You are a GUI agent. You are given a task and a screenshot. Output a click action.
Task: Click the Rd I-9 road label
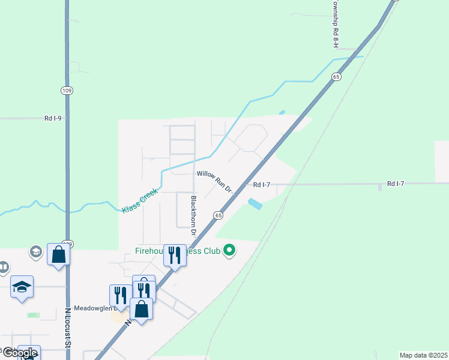point(53,118)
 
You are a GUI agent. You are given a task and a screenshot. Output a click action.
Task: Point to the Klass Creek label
point(139,200)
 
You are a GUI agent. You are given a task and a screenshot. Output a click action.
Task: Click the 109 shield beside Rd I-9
point(66,90)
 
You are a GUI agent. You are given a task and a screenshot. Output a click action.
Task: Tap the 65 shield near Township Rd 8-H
point(336,77)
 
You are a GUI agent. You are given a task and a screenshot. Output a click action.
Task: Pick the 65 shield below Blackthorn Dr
point(217,215)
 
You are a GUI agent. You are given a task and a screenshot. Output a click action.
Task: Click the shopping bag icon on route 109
point(59,254)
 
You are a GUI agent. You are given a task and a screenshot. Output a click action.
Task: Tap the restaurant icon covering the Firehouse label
point(175,255)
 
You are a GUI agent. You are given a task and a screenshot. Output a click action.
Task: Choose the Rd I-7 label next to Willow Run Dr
point(262,185)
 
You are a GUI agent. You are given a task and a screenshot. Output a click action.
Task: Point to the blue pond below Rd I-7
point(255,204)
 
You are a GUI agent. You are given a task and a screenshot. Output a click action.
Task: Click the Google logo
point(19,353)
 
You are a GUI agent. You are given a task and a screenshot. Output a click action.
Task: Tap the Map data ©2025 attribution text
point(424,355)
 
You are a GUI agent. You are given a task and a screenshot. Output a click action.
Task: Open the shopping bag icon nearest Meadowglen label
point(141,309)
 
